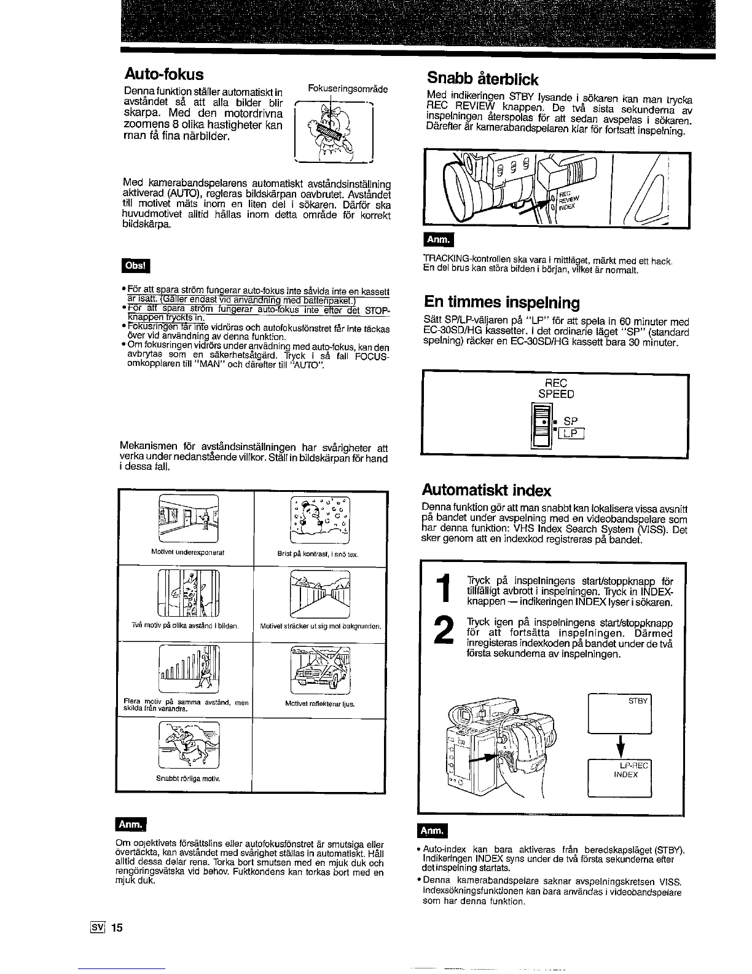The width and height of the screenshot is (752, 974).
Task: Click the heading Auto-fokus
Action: pos(163,75)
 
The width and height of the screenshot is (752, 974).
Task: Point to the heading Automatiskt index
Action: pos(486,490)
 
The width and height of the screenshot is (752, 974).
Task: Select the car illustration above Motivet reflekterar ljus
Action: pos(318,670)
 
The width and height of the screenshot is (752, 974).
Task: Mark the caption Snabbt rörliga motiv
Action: pos(189,778)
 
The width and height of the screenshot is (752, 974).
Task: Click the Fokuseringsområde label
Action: pos(348,89)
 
